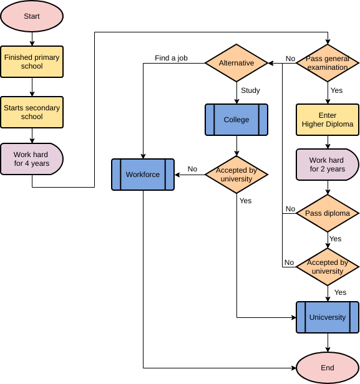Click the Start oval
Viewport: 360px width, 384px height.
coord(32,16)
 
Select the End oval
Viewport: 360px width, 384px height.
coord(328,368)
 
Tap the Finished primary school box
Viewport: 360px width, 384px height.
coord(32,62)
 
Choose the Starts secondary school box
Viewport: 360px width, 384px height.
coord(32,112)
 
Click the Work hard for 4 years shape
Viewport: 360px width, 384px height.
coord(32,158)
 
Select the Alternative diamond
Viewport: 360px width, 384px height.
coord(236,63)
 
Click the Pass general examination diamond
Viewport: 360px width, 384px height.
coord(328,63)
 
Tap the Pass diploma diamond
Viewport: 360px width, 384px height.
coord(328,213)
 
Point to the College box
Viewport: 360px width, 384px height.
coord(236,120)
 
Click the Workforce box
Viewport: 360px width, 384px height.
coord(143,175)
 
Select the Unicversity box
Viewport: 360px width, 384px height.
coord(328,317)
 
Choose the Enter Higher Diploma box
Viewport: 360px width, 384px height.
coord(328,120)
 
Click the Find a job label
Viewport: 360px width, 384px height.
coord(172,59)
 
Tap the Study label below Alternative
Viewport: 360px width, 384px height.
coord(250,90)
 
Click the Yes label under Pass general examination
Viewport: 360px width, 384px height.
coord(337,90)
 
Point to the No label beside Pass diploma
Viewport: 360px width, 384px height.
coord(290,209)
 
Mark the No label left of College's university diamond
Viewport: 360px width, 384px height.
coord(192,169)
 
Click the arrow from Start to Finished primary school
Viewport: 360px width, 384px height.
coord(32,38)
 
